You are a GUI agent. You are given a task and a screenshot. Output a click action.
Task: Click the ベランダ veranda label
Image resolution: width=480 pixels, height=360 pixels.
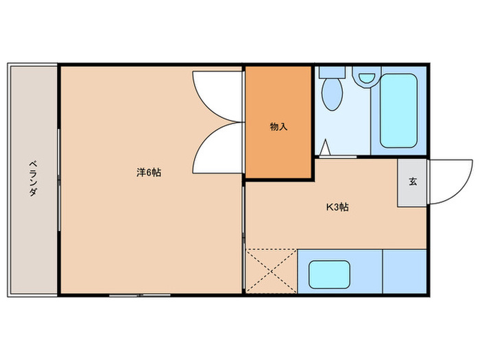pos(32,178)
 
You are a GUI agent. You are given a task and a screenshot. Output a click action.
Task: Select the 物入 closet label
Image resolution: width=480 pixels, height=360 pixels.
pos(278,127)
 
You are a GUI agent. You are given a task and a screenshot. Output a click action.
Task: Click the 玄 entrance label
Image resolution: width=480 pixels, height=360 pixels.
pos(412,182)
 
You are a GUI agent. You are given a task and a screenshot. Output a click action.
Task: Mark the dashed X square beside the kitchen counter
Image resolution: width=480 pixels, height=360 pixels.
pos(272,272)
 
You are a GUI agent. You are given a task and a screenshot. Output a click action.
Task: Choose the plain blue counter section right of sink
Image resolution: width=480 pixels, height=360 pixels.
pos(405,272)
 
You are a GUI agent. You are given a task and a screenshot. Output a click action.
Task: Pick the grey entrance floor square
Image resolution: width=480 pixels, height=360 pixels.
pos(412,182)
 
